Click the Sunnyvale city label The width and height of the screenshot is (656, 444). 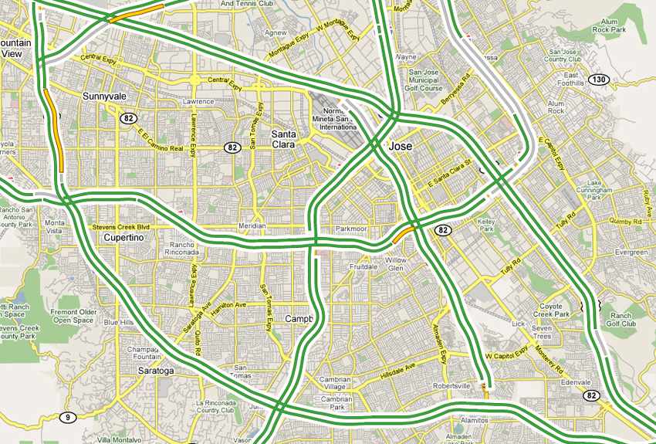click(x=103, y=97)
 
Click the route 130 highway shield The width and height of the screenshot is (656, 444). click(x=598, y=80)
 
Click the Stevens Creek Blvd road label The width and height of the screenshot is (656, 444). click(x=120, y=228)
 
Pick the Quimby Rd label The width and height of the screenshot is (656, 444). click(x=625, y=221)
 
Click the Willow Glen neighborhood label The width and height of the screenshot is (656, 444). click(x=396, y=265)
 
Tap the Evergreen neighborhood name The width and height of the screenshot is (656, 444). click(x=631, y=253)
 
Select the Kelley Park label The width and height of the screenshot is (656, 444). click(x=485, y=225)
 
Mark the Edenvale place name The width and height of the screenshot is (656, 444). click(x=575, y=383)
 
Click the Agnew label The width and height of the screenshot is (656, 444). click(x=276, y=33)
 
